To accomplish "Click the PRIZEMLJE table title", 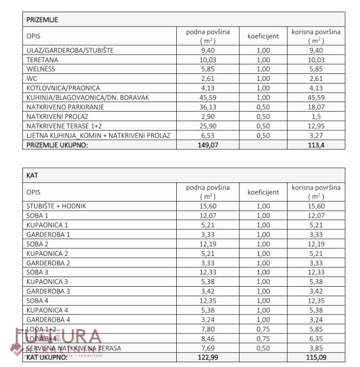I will pyautogui.click(x=42, y=20).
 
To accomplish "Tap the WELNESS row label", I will pyautogui.click(x=41, y=69).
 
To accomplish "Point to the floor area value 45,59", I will pyautogui.click(x=208, y=97).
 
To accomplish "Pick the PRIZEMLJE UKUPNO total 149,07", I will pyautogui.click(x=208, y=145).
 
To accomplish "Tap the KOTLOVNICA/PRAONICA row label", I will pyautogui.click(x=63, y=88).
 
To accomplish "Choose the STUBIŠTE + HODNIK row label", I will pyautogui.click(x=56, y=206).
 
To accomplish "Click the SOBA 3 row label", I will pyautogui.click(x=37, y=272).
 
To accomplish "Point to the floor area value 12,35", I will pyautogui.click(x=208, y=301).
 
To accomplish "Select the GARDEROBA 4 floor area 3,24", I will pyautogui.click(x=208, y=320).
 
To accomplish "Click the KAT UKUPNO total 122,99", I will pyautogui.click(x=208, y=357).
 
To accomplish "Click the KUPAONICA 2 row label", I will pyautogui.click(x=47, y=253).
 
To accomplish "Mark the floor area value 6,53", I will pyautogui.click(x=208, y=135).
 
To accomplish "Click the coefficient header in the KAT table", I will pyautogui.click(x=263, y=192).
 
